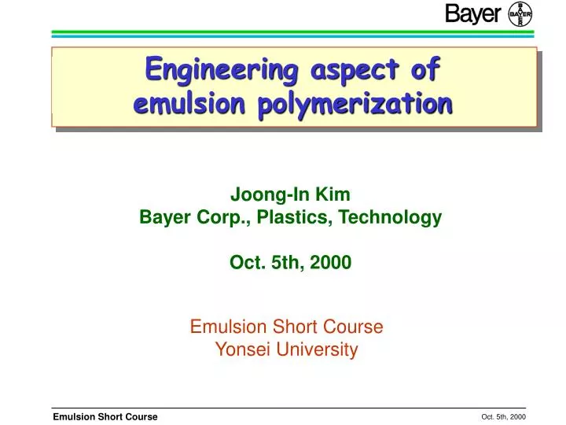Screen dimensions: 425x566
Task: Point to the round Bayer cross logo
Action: coord(520,14)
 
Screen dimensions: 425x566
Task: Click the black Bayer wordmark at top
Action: coord(472,14)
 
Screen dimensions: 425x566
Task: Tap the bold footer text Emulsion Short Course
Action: coord(105,416)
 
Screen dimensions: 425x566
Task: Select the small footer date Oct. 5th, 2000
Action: coord(503,416)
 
